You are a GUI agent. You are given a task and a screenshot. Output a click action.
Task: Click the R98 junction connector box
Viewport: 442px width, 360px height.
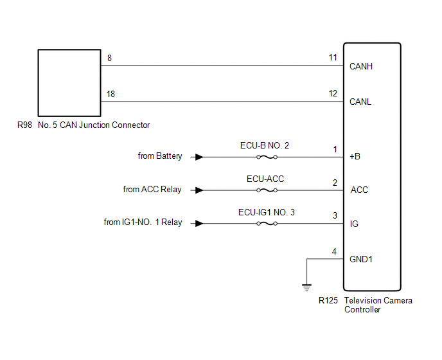point(69,82)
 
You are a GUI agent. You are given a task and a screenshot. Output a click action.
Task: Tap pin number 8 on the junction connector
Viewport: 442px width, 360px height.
point(109,58)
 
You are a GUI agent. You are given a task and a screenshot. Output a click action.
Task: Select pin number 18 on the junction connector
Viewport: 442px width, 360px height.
point(111,94)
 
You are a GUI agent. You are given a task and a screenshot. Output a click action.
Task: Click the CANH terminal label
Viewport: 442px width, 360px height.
point(361,66)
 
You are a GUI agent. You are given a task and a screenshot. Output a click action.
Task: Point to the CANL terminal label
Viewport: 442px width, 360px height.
point(360,102)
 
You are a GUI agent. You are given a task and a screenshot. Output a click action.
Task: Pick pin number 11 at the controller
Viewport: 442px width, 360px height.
point(333,58)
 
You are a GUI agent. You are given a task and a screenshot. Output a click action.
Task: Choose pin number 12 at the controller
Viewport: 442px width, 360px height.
point(333,94)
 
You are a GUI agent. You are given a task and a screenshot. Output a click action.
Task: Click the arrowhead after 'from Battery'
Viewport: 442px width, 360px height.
point(200,157)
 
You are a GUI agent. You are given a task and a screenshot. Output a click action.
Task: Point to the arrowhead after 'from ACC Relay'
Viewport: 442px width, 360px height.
point(200,190)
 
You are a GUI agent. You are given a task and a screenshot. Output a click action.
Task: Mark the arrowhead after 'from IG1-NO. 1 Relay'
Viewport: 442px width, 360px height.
point(200,224)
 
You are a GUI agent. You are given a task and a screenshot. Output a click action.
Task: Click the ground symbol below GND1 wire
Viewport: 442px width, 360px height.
point(307,286)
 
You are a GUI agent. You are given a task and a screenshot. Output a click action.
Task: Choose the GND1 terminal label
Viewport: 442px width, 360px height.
point(361,260)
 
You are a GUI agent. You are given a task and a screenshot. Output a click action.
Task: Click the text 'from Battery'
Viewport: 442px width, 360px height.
point(160,156)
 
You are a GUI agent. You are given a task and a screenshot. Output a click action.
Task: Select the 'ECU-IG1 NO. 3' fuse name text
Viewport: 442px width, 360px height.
point(267,212)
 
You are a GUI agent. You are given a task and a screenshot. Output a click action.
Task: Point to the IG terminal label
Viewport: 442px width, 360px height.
point(355,224)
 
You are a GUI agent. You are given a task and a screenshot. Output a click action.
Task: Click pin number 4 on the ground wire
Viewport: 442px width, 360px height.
point(333,251)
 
